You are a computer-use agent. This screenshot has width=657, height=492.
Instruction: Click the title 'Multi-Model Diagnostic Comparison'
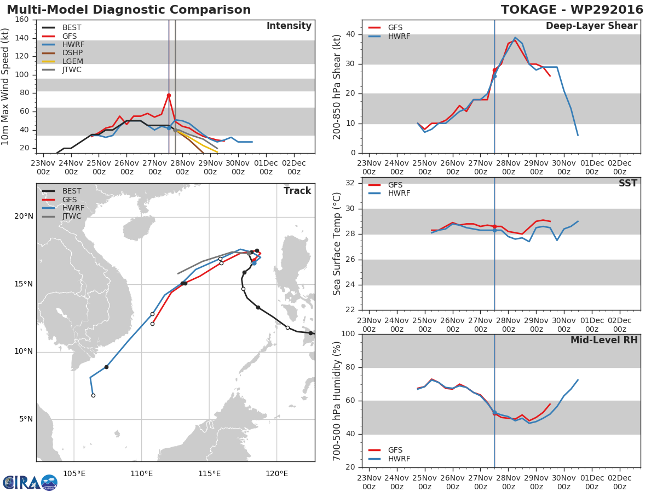click(x=129, y=10)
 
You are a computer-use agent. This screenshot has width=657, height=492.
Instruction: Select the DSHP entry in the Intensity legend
click(x=72, y=53)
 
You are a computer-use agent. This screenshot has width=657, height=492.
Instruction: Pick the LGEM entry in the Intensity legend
click(x=72, y=61)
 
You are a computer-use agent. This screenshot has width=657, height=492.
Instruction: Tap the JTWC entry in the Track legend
click(x=72, y=216)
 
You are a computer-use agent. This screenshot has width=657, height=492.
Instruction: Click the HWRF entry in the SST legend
click(x=399, y=194)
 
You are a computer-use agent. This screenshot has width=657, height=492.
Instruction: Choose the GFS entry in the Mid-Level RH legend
click(x=395, y=450)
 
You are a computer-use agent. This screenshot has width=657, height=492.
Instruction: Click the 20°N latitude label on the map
click(x=24, y=216)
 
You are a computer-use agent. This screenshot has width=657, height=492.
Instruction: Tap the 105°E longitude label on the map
click(x=74, y=473)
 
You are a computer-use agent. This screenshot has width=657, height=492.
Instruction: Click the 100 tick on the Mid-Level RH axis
click(x=349, y=334)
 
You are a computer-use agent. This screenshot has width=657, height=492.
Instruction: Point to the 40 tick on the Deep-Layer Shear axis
click(x=351, y=34)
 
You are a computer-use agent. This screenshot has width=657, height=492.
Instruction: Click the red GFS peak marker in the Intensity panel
click(x=169, y=95)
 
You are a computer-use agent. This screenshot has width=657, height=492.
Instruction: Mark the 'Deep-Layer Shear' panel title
click(x=591, y=26)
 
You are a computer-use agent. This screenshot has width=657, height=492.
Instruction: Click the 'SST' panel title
click(x=627, y=183)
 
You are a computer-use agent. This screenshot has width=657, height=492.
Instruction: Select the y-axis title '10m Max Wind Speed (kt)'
click(x=6, y=86)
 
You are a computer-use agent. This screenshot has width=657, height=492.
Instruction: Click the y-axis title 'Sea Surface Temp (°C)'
click(x=337, y=244)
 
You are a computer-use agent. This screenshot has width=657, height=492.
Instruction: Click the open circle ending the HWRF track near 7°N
click(x=93, y=395)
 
